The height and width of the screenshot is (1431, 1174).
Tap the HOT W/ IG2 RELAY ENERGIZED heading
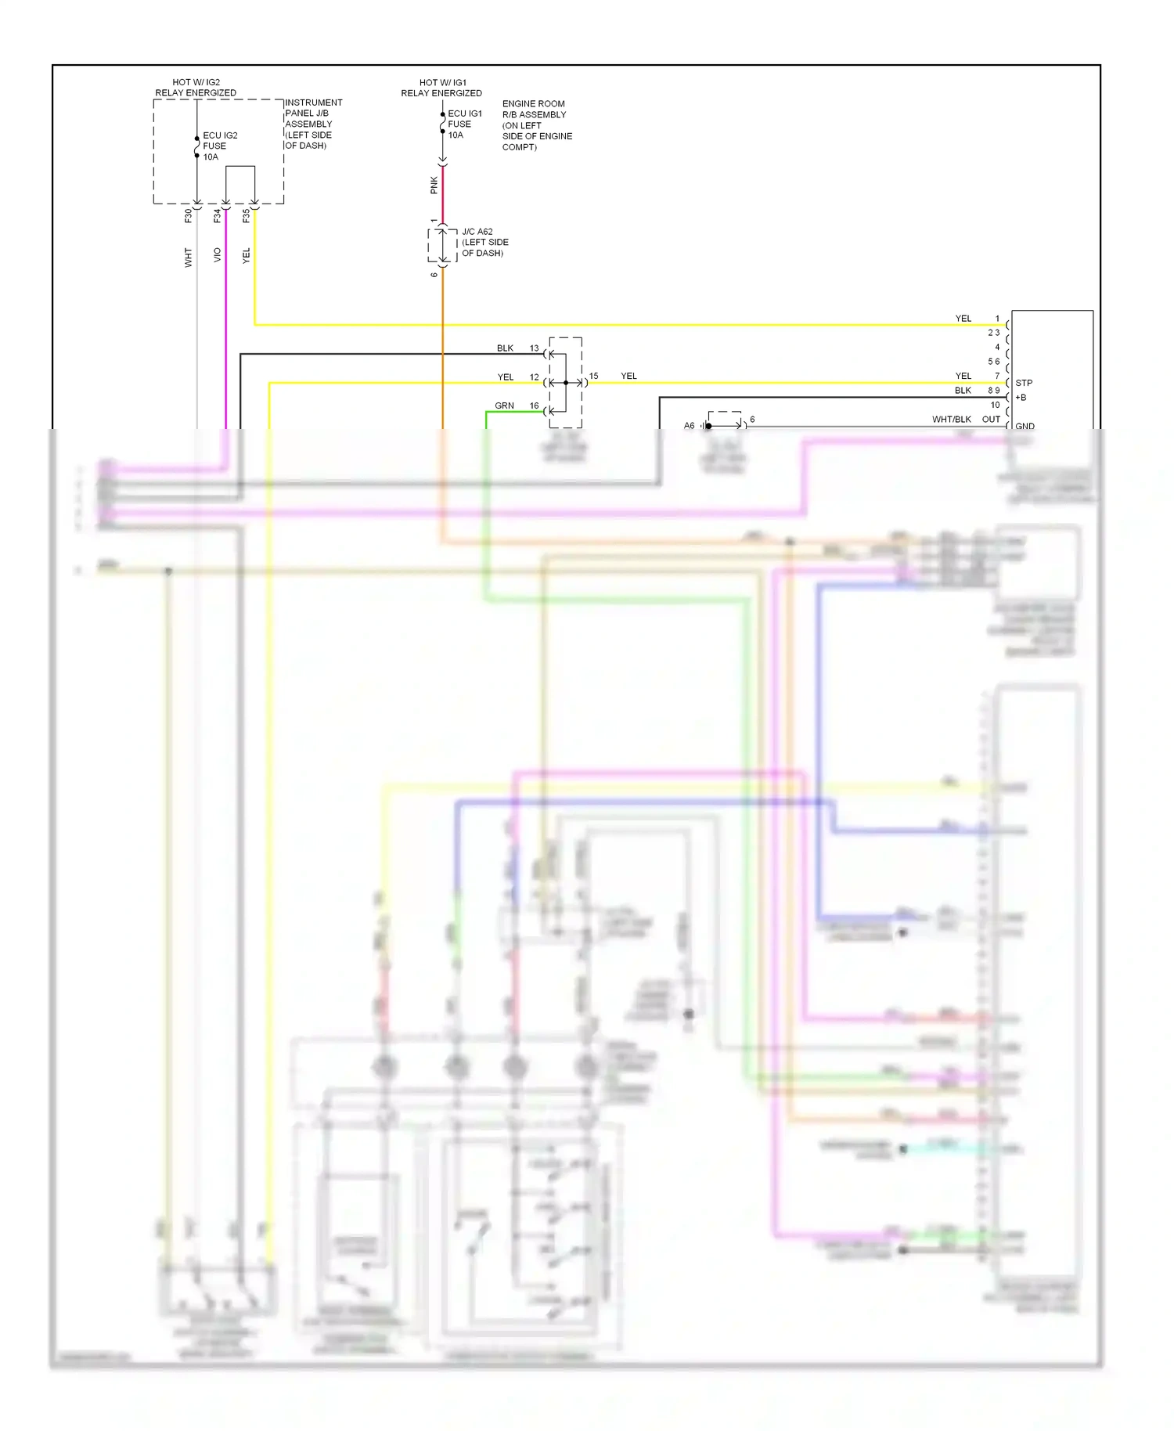coord(196,87)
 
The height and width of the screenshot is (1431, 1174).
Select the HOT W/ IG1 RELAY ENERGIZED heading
coord(441,88)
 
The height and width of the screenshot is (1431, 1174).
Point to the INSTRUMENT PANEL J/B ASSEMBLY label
coord(313,124)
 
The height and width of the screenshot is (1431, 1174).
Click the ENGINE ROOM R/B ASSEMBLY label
coord(537,125)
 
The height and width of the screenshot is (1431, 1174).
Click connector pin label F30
coord(189,215)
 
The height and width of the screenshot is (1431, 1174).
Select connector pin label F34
coord(218,215)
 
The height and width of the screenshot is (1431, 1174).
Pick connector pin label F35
coord(247,215)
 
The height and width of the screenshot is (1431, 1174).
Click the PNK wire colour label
coord(434,185)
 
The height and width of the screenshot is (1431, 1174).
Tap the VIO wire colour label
coord(218,254)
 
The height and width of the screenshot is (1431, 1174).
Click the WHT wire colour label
coord(189,258)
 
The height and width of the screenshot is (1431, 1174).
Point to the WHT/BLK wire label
coord(951,420)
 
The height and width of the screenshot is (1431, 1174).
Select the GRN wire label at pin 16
coord(504,406)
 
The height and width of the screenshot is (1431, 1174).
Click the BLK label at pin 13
coord(505,348)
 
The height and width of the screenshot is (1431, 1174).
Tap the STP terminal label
coord(1024,383)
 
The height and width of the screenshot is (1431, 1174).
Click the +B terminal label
coord(1021,398)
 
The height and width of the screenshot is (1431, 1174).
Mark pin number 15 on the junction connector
coord(593,377)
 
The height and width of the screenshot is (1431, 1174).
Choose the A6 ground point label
coord(689,426)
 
